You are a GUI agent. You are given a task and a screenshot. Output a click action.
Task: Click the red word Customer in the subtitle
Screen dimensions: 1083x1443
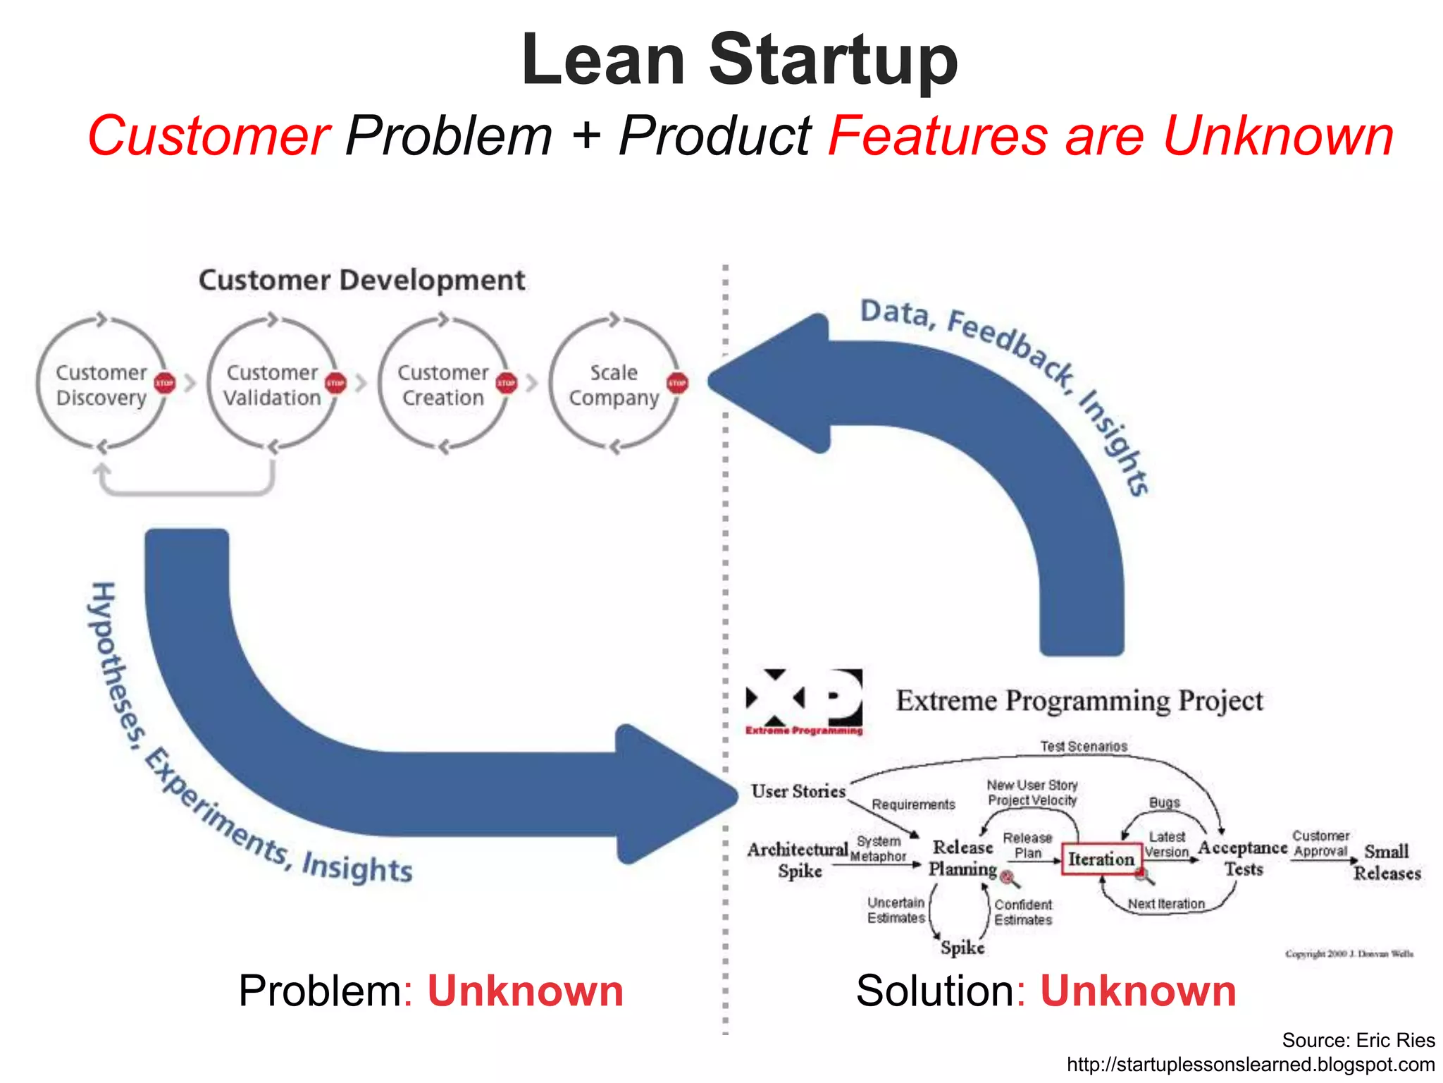coord(209,135)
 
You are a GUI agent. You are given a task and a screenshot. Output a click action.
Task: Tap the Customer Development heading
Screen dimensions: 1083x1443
coord(361,280)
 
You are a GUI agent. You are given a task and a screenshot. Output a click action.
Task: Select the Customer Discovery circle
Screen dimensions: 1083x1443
coord(101,384)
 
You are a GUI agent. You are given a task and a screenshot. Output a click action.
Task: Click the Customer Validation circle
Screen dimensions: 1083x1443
coord(273,384)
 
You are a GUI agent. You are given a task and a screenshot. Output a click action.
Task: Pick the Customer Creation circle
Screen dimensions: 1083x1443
coord(443,384)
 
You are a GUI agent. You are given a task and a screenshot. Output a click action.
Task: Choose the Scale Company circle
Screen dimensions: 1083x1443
coord(614,384)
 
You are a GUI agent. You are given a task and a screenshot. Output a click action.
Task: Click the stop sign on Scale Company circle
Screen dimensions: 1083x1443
coord(677,383)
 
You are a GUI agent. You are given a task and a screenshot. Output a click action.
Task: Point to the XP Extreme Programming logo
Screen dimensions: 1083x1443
coord(804,701)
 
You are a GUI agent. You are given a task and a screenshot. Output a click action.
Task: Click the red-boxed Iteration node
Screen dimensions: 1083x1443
coord(1101,859)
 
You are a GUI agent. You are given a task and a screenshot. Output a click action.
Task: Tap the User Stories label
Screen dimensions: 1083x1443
coord(798,791)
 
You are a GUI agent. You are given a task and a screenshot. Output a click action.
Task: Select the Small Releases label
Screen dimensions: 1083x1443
coord(1386,862)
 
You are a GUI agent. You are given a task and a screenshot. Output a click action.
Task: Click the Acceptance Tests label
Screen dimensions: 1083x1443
coord(1243,857)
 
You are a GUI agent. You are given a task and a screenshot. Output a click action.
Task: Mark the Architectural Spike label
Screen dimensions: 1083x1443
coord(798,859)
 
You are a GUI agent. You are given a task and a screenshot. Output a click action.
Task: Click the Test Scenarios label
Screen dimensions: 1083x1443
coord(1084,746)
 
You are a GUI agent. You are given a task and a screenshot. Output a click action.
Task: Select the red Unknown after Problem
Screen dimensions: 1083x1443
coord(525,991)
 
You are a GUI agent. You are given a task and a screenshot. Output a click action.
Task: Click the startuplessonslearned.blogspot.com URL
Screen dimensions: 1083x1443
coord(1251,1064)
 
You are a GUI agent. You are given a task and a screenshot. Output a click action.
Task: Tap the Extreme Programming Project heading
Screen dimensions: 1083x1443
coord(1079,701)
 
